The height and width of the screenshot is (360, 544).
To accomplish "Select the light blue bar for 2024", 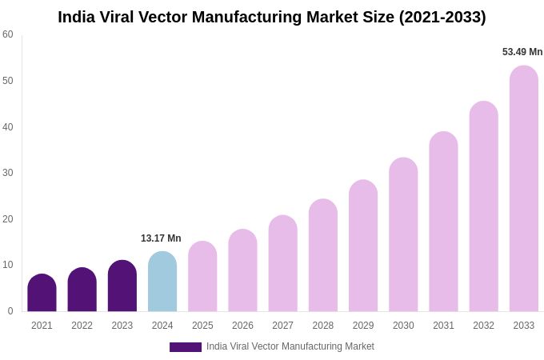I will [162, 282].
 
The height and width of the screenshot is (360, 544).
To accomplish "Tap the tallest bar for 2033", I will [524, 189].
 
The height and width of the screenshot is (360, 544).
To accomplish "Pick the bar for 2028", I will [323, 255].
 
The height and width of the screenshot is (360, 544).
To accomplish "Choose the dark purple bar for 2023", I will [122, 286].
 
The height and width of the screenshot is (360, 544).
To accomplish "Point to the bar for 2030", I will [403, 234].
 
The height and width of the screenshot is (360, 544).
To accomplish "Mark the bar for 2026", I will [242, 270].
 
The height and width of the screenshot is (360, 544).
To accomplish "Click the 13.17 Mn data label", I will [161, 238].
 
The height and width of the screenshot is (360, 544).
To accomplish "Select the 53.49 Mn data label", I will [522, 52].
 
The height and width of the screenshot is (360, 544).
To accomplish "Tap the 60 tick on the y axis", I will [8, 34].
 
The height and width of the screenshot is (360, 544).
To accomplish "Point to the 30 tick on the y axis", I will [8, 173].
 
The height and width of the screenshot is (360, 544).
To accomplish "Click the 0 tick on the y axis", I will [10, 311].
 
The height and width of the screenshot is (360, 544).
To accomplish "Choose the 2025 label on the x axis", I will [202, 326].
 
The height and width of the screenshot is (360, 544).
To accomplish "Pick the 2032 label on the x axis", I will [483, 326].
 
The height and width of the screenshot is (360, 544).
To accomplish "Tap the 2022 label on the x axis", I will [82, 326].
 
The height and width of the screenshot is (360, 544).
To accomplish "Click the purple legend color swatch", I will [185, 347].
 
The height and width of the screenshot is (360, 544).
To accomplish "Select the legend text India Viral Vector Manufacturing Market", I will [290, 346].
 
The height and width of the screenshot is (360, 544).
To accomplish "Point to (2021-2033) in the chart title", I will [442, 17].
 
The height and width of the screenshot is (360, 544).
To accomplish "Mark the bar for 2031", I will [443, 222].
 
